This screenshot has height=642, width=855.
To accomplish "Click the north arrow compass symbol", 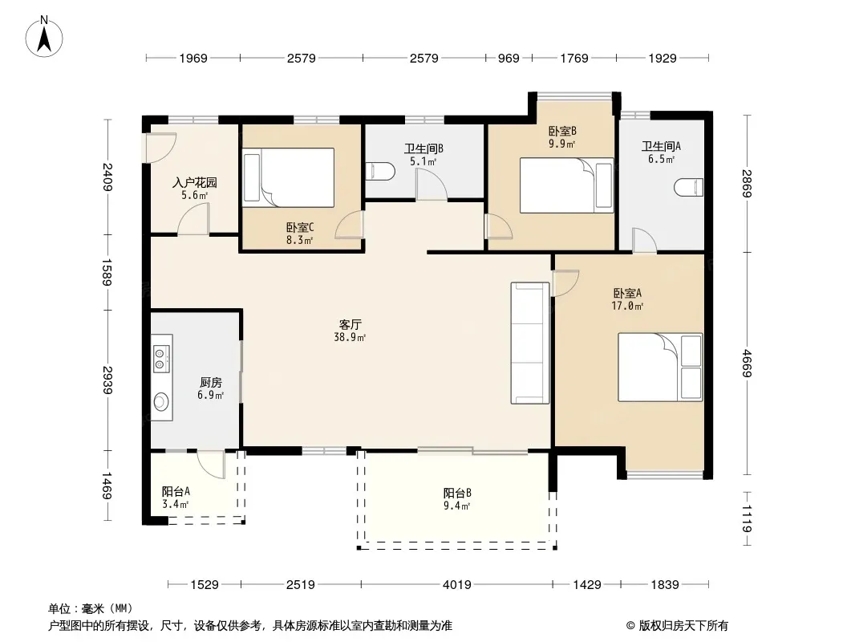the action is point(44,37).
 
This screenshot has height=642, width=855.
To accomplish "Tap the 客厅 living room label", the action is point(350,325).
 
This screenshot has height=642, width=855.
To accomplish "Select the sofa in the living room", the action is point(530,343).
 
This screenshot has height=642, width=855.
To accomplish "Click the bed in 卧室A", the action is point(660,367).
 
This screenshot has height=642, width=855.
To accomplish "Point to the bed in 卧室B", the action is point(566,185).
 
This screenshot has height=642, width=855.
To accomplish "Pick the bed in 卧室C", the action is point(289,178).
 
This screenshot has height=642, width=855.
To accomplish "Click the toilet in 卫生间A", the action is point(688,187).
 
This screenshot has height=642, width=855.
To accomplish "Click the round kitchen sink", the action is point(161,402).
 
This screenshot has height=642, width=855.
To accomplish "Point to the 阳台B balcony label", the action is point(457,493).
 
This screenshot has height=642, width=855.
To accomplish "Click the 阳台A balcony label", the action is point(176,491).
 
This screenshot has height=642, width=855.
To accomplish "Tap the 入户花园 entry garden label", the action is point(195,182).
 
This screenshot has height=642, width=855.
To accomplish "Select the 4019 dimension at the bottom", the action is point(457,585).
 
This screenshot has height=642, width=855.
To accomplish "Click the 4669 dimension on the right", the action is point(747,364).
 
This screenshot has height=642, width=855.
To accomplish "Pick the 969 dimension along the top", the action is point(509,59).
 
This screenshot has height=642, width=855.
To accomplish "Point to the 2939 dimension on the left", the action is point(107,380).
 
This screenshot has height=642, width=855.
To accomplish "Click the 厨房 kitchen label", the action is point(210,382).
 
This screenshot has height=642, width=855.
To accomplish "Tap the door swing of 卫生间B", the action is point(432,185).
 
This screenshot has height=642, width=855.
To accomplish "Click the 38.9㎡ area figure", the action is point(350,338).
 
